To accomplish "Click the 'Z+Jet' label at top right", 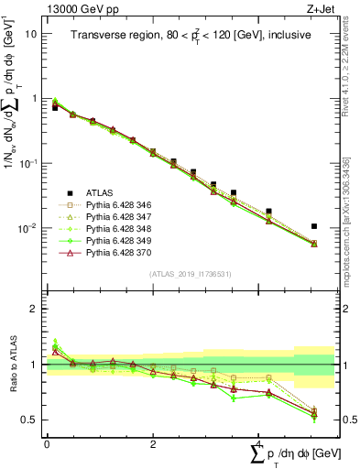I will pyautogui.click(x=318, y=8).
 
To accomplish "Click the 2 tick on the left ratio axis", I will pyautogui.click(x=34, y=309).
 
